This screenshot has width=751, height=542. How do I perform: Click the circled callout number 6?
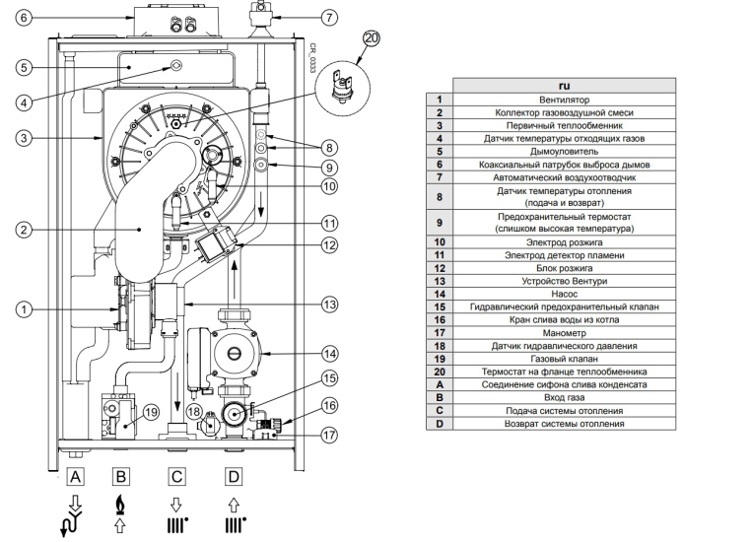pyautogui.click(x=24, y=18)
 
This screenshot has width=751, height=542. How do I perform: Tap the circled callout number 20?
pyautogui.click(x=372, y=38)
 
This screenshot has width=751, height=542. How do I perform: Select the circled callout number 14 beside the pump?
pyautogui.click(x=329, y=355)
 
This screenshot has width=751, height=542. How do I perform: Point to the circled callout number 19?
pyautogui.click(x=151, y=412)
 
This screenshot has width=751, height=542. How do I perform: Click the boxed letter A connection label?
pyautogui.click(x=75, y=477)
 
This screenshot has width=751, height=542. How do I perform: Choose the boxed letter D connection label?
pyautogui.click(x=234, y=477)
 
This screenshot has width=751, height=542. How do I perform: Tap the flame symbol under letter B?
pyautogui.click(x=120, y=505)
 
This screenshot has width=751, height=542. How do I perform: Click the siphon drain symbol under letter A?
pyautogui.click(x=72, y=516)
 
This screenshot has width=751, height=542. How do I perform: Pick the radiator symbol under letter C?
pyautogui.click(x=177, y=525)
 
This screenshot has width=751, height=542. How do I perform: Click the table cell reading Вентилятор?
pyautogui.click(x=564, y=101)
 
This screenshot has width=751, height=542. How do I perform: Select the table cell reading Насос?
pyautogui.click(x=564, y=294)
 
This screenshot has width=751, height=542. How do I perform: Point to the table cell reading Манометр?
pyautogui.click(x=564, y=333)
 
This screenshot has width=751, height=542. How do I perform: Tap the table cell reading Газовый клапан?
pyautogui.click(x=564, y=359)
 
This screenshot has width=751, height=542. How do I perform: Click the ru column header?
pyautogui.click(x=564, y=86)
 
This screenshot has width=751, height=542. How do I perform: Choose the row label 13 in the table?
pyautogui.click(x=440, y=281)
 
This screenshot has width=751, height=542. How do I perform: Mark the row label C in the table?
pyautogui.click(x=440, y=411)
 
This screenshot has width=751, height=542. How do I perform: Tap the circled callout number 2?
pyautogui.click(x=24, y=230)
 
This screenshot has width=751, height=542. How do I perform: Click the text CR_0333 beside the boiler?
pyautogui.click(x=312, y=58)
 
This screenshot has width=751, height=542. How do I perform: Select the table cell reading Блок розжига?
pyautogui.click(x=564, y=268)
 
